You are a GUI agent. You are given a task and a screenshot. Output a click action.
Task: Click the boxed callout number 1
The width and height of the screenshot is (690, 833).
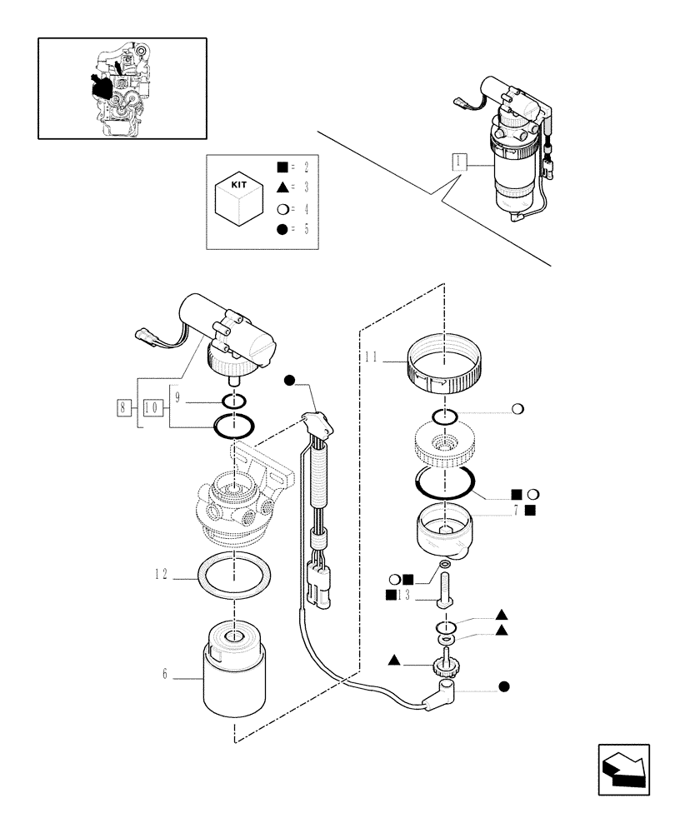tap(457, 163)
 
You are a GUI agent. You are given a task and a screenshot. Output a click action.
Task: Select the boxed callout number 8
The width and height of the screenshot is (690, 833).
tap(125, 407)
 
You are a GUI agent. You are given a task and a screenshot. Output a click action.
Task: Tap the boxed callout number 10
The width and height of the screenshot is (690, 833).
tap(152, 407)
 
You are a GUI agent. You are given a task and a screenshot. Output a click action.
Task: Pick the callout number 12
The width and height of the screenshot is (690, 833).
tap(161, 575)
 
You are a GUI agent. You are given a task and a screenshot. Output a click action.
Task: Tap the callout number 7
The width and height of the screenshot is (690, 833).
tap(517, 510)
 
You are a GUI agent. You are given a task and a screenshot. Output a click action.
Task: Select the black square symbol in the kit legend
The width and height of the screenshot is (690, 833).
tap(282, 167)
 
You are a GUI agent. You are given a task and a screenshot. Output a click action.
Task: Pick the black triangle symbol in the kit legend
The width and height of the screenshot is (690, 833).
tap(282, 187)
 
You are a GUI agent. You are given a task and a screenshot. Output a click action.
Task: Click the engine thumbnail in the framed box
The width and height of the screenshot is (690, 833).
tap(122, 87)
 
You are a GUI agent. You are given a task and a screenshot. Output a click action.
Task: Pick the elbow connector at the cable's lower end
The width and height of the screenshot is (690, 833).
tap(442, 695)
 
